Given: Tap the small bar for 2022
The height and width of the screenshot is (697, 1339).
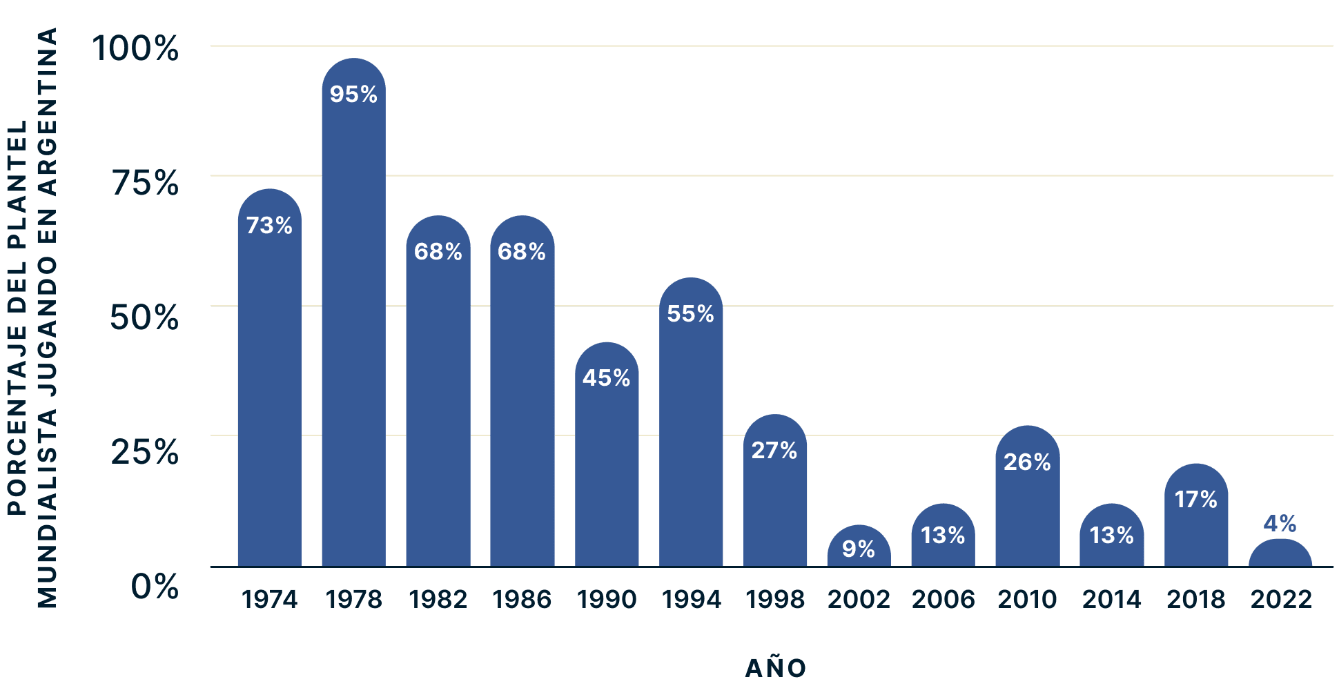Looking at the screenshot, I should pos(1280,554).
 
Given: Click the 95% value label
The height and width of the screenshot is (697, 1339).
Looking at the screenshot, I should pos(353,95).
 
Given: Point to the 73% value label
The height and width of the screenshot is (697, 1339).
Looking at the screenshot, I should pos(269,226).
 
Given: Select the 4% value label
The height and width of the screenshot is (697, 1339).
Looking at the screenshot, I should pos(1280,524).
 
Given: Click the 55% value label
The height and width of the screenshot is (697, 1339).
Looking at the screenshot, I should pos(690,314).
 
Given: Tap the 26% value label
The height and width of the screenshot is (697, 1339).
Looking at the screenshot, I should pos(1027,462).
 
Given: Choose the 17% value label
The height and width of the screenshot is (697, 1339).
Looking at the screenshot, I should pos(1195,500).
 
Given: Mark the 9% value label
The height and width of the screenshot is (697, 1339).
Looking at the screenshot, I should pos(859,549).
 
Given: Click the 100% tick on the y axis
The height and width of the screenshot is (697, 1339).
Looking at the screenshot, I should pos(135,48).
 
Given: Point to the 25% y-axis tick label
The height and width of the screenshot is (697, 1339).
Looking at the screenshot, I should pos(145,452).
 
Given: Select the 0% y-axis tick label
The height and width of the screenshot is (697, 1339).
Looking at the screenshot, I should pos(155,587).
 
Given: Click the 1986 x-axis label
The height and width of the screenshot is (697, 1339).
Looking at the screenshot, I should pos(522,599).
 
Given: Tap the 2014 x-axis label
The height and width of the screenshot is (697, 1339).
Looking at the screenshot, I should pos(1111,599).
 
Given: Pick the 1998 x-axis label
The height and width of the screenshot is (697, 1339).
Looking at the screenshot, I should pos(774,599).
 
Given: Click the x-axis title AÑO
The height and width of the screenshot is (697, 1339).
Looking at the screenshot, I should pos(776,668).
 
